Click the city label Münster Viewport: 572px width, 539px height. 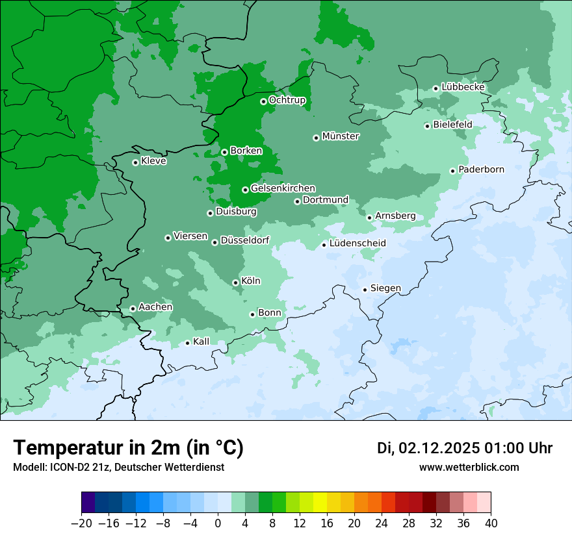point(341,136)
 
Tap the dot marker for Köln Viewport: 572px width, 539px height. point(235,282)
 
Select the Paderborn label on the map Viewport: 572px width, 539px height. point(481,169)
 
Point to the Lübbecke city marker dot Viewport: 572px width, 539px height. point(436,88)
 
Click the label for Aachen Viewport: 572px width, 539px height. point(155,307)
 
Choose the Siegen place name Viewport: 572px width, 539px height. point(385,288)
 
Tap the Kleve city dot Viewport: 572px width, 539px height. point(135,162)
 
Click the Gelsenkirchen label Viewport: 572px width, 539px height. point(283,188)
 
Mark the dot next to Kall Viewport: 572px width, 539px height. point(187,343)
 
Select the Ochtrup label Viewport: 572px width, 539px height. point(287,100)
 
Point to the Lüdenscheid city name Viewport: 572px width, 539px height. point(357,244)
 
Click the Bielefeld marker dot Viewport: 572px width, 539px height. point(427,126)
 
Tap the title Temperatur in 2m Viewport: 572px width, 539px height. point(128,448)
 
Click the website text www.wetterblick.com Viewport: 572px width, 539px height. point(469,468)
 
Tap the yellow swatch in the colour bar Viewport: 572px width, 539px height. point(320,503)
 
